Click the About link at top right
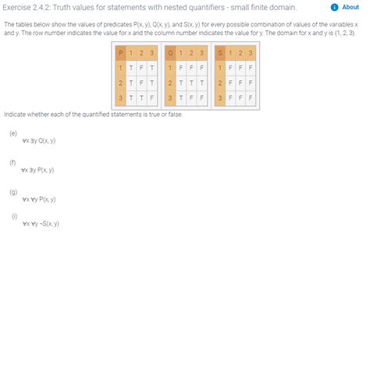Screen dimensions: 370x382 point(350,7)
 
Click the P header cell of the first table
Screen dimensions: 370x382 point(120,52)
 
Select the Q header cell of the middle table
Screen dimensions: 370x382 point(171,52)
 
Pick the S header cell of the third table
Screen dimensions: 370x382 point(221,52)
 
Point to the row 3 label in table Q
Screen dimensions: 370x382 point(171,97)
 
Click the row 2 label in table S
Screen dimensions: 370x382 point(221,82)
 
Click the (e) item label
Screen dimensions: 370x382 point(13,133)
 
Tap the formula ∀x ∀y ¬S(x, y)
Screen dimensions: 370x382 point(41,224)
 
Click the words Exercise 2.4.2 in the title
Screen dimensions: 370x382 point(31,8)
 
